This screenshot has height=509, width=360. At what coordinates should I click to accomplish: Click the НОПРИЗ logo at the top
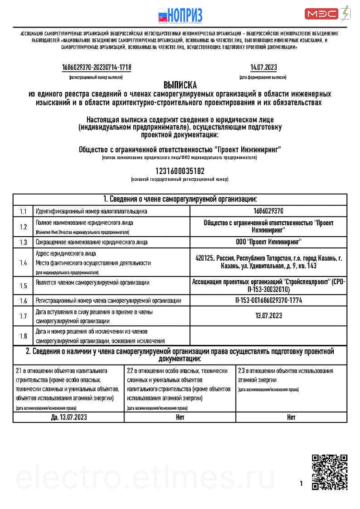tap(180, 15)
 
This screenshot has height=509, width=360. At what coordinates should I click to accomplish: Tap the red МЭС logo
tap(322, 14)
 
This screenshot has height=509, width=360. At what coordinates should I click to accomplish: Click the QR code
tap(329, 472)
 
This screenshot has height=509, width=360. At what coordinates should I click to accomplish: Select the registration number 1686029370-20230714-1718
tap(97, 67)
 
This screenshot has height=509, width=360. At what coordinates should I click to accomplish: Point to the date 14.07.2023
tap(263, 67)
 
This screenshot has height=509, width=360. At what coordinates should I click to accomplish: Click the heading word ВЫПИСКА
tap(180, 85)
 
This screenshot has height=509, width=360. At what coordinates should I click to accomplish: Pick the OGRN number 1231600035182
tap(180, 171)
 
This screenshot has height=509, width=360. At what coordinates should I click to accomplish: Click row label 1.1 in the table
tap(23, 211)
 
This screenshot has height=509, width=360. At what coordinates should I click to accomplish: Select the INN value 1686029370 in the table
tap(268, 211)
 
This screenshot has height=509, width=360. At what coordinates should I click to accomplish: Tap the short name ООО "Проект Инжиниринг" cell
tap(268, 242)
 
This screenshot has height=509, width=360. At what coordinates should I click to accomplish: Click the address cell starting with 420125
tap(268, 262)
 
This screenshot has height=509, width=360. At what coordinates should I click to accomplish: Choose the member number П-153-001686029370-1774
tap(268, 300)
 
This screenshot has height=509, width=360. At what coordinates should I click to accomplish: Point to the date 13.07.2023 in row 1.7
tap(268, 315)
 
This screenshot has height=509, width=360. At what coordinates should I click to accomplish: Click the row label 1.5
tap(23, 286)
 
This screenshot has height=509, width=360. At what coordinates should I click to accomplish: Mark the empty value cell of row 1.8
tap(268, 336)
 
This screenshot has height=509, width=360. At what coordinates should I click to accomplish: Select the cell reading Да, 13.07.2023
tap(69, 417)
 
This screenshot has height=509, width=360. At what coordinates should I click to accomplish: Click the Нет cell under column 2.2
tap(180, 417)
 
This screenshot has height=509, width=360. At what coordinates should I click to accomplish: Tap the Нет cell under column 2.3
tap(291, 417)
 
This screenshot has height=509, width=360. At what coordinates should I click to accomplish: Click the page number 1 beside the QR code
tap(301, 483)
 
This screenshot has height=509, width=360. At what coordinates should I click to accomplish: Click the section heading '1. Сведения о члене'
tap(180, 199)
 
